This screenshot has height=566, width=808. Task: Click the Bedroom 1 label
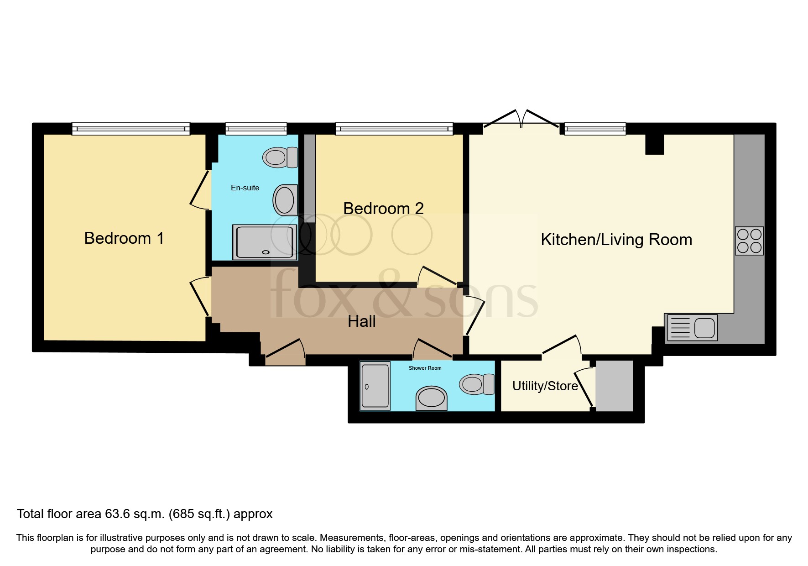[x=124, y=238]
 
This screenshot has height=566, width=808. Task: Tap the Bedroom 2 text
[x=383, y=209]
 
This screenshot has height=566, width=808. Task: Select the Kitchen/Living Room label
[x=616, y=240]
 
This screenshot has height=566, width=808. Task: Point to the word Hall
[x=361, y=321]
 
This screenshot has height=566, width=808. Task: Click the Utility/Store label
[x=545, y=386]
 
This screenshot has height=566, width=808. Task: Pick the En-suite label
[x=245, y=188]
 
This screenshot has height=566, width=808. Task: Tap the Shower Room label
[x=425, y=368]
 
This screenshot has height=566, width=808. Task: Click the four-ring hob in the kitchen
[x=749, y=241]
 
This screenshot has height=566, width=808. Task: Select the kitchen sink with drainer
[x=692, y=328]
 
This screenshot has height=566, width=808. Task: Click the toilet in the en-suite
[x=280, y=157]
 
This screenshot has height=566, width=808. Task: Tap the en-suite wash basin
[x=286, y=199]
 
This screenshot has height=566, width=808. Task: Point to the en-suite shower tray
[x=264, y=242]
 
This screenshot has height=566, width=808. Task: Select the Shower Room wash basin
[x=431, y=398]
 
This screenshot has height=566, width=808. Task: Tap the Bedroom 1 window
[x=130, y=129]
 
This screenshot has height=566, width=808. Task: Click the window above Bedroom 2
[x=394, y=129]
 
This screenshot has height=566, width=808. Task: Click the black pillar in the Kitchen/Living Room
[x=654, y=145]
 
